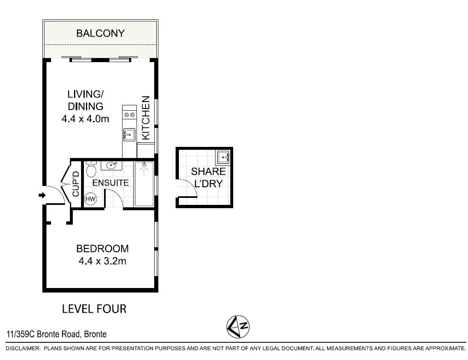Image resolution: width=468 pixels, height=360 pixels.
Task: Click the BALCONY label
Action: (100, 33)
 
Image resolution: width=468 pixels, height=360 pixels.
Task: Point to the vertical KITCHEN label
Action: (146, 118)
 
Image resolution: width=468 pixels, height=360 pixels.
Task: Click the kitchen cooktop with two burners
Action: (130, 115)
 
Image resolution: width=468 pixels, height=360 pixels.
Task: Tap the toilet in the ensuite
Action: (91, 169)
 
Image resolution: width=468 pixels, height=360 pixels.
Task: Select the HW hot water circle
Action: (90, 200)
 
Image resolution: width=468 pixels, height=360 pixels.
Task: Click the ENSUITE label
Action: (110, 183)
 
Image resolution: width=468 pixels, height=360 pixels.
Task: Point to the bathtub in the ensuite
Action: (144, 184)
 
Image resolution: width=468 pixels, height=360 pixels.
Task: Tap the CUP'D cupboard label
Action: (76, 183)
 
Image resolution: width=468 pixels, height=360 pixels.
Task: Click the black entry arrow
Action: (42, 195)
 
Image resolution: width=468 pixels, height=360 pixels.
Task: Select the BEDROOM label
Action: (102, 249)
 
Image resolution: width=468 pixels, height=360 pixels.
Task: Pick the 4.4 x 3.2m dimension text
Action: (102, 261)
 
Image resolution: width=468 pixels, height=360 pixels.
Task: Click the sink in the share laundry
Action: (223, 157)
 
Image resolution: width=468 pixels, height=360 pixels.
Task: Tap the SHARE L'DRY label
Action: (208, 177)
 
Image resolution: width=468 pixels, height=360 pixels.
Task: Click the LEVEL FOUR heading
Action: (94, 309)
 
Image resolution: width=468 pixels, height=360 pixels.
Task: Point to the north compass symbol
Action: (239, 327)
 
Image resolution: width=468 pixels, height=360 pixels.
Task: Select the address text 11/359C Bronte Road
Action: (56, 334)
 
